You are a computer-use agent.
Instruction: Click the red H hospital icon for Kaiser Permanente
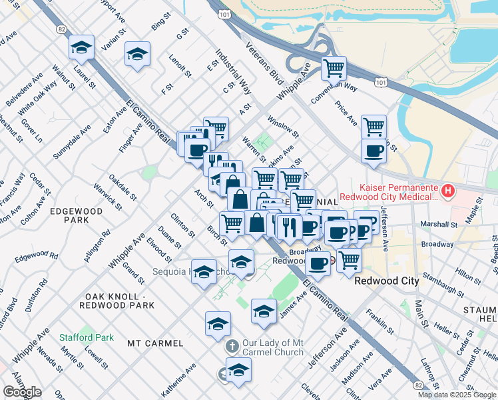(x=448, y=191)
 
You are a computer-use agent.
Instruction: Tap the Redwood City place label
(x=386, y=281)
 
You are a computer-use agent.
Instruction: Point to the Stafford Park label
(x=83, y=337)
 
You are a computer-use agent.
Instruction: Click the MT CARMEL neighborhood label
(x=155, y=343)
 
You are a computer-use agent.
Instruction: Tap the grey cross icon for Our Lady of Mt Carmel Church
(x=232, y=347)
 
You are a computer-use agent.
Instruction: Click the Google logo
(x=22, y=392)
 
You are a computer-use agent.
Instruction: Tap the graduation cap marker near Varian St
(x=137, y=54)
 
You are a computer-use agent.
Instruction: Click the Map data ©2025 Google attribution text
(x=455, y=395)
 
